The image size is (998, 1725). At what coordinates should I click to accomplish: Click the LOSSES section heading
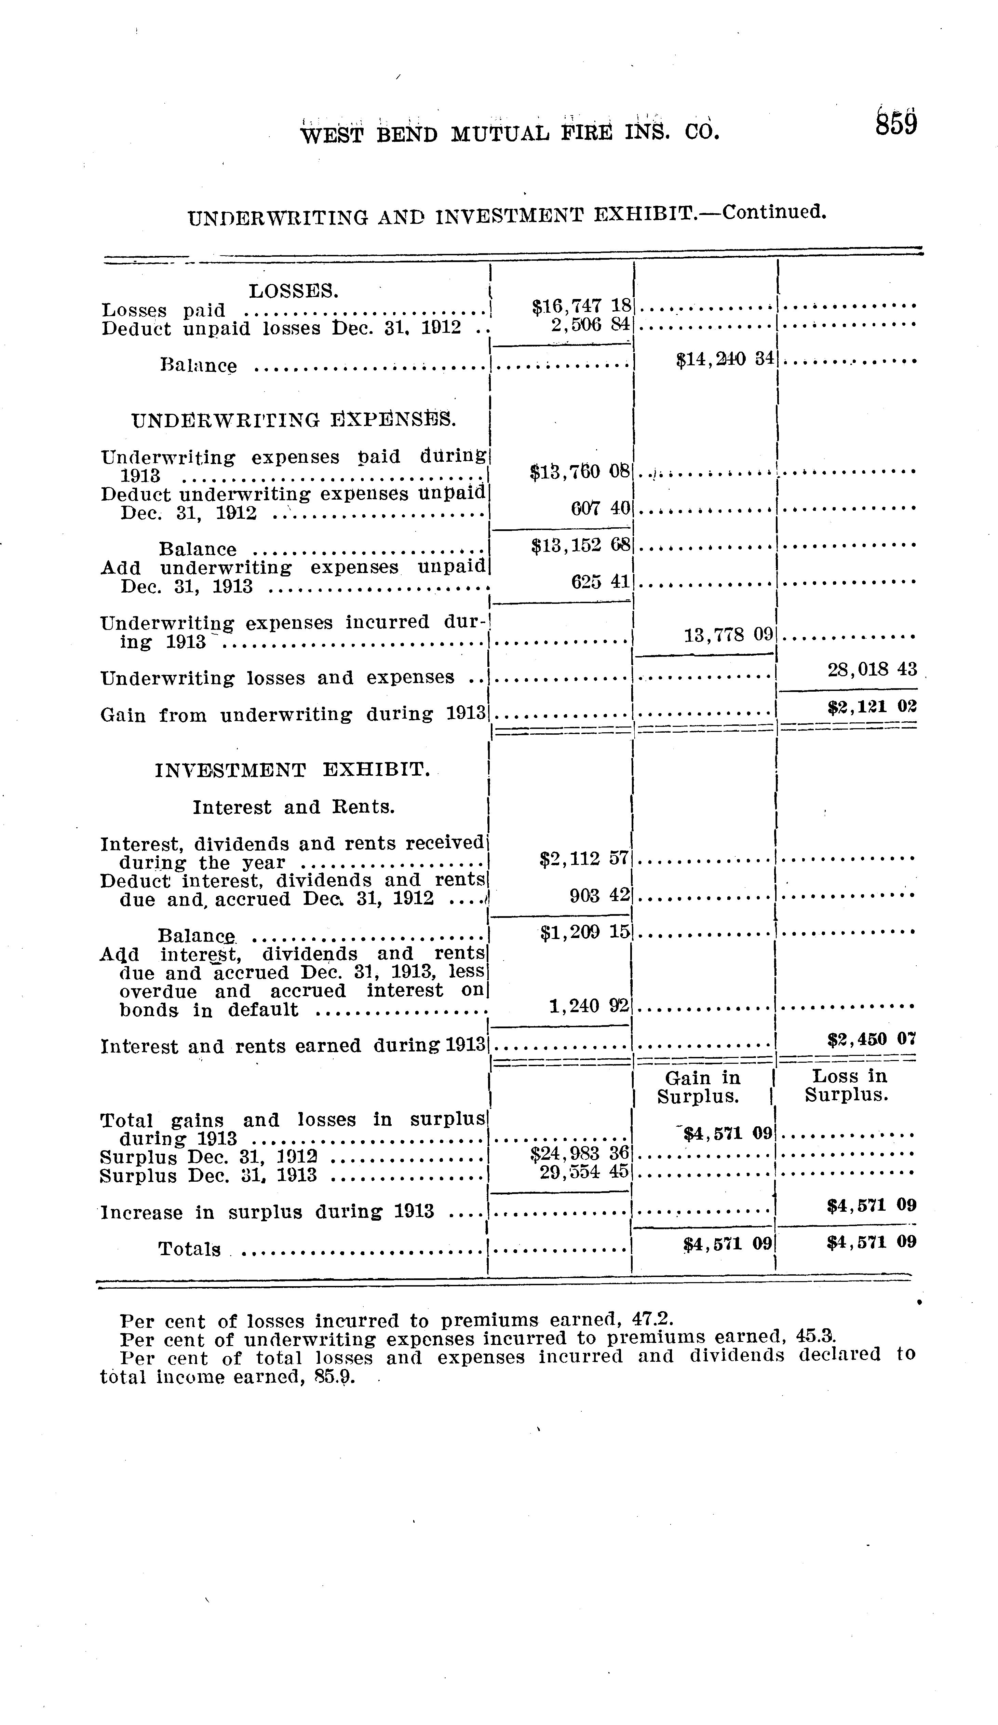(x=293, y=291)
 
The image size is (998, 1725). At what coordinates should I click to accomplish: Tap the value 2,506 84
(x=590, y=325)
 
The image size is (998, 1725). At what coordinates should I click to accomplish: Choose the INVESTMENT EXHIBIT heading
(x=293, y=770)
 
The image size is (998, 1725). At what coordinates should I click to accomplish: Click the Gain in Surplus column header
(x=702, y=1087)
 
